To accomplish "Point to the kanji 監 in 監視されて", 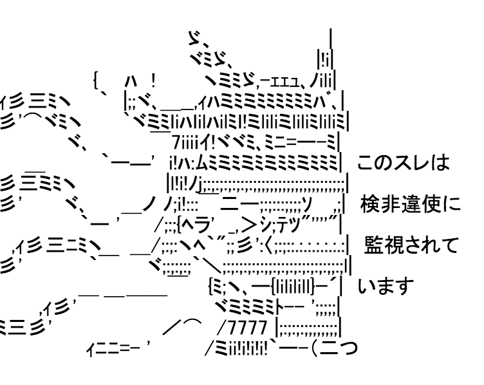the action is point(375,245).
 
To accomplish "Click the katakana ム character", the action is point(199,163).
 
